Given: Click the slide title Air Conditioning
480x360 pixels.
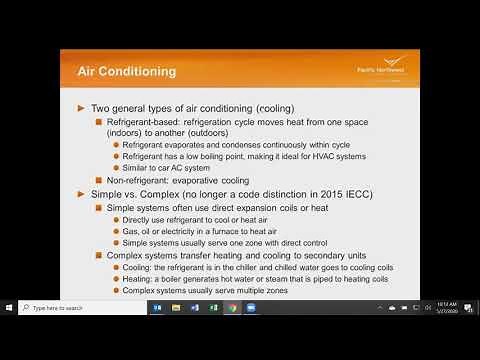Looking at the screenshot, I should [x=127, y=71].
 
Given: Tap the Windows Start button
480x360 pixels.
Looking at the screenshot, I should [x=8, y=308].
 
